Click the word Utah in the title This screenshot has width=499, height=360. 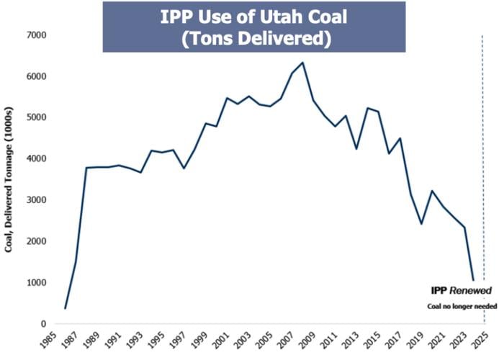(283, 16)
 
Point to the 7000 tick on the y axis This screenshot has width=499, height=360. (37, 35)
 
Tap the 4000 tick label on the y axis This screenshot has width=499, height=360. (37, 159)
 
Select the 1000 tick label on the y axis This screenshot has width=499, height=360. (37, 283)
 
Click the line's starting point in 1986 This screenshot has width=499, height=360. (65, 308)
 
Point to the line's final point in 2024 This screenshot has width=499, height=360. (473, 280)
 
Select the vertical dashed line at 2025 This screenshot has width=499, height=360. (482, 180)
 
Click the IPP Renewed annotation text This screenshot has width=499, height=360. (461, 291)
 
